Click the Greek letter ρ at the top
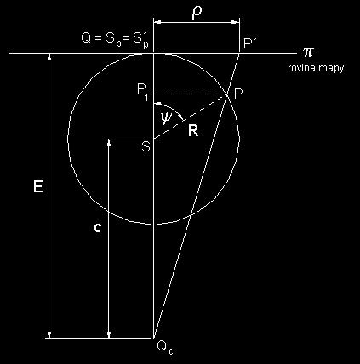pos(197,13)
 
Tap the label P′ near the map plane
pos(250,43)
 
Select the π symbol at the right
pos(309,52)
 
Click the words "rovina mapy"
pos(316,68)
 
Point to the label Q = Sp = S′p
pos(115,39)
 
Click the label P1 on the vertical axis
pos(143,92)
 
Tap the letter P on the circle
pos(238,93)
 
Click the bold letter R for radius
pos(193,132)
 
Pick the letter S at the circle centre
pos(146,146)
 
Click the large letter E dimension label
pos(38,187)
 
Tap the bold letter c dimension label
pos(98,228)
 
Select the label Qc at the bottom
pos(164,348)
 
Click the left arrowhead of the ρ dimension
pos(157,22)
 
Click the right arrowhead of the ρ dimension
pos(236,22)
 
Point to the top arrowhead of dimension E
pos(49,57)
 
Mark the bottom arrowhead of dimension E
pos(49,335)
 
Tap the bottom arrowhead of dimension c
pos(109,335)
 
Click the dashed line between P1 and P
pos(191,94)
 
